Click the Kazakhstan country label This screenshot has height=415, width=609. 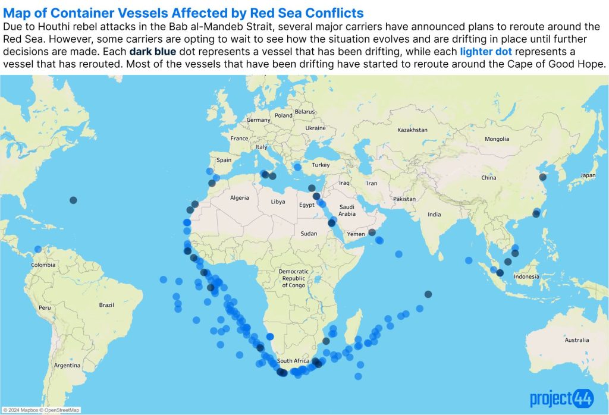(412, 130)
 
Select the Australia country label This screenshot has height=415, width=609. (577, 339)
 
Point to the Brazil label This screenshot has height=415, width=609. (106, 304)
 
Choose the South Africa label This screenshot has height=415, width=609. (293, 361)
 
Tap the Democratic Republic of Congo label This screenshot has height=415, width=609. (293, 278)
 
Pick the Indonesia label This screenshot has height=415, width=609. (527, 276)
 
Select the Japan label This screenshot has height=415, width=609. (588, 175)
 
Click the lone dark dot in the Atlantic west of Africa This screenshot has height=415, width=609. (73, 200)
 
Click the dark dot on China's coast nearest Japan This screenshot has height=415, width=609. (542, 177)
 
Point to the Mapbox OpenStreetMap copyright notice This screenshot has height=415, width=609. (41, 410)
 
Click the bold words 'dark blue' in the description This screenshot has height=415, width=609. (149, 52)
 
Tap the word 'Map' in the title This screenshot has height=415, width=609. (16, 13)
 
